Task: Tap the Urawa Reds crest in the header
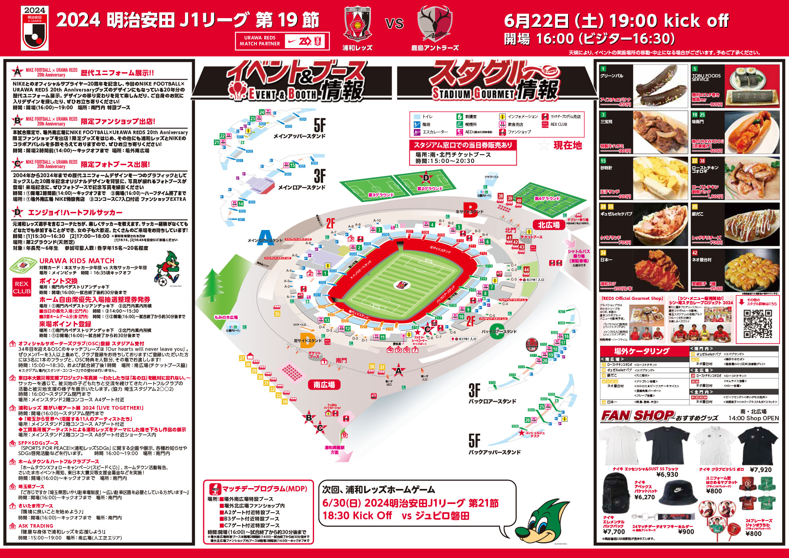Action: tap(357, 24)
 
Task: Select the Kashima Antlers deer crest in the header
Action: tap(435, 24)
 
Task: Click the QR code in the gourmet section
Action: tap(757, 324)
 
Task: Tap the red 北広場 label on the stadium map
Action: tap(549, 225)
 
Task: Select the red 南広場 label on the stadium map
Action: tap(324, 385)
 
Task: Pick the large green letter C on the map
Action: tap(497, 331)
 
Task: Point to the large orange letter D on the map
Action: tap(307, 340)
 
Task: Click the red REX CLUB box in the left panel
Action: tap(22, 288)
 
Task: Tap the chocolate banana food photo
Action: tap(660, 86)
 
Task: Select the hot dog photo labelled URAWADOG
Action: tap(752, 132)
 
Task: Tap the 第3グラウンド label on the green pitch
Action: tap(381, 195)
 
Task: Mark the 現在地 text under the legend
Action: tap(568, 145)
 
